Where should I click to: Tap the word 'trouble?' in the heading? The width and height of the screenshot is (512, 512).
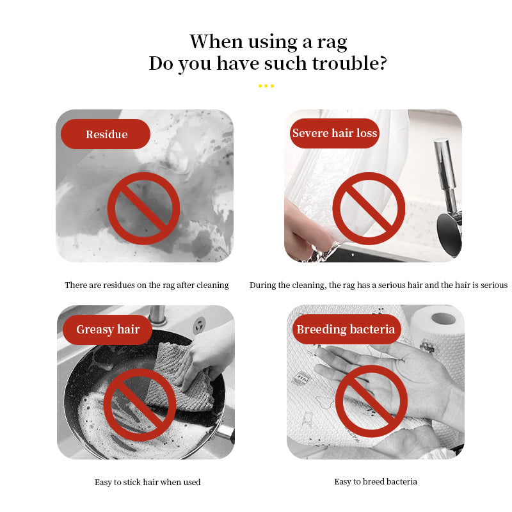[x=349, y=63]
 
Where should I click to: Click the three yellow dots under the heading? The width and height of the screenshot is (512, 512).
[x=266, y=86]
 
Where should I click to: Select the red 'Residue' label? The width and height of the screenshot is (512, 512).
[x=106, y=134]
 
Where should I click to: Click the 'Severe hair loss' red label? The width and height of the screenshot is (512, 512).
[x=335, y=133]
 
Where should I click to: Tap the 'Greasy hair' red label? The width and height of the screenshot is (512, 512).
[x=108, y=330]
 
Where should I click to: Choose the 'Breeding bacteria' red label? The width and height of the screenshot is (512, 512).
[x=346, y=329]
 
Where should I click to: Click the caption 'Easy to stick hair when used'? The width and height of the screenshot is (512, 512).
[x=148, y=483]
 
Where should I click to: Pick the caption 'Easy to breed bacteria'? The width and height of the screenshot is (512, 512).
[x=376, y=482]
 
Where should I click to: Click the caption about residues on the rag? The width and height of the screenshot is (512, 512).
[x=147, y=285]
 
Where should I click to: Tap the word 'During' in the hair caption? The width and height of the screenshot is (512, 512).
[x=261, y=285]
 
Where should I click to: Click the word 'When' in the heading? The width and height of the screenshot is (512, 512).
[x=216, y=42]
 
